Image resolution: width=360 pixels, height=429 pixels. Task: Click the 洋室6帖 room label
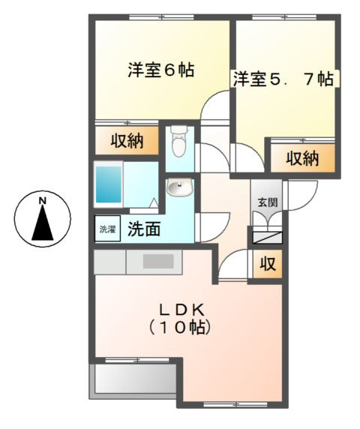pos(160,71)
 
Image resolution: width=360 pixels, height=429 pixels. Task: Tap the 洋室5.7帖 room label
pos(283,79)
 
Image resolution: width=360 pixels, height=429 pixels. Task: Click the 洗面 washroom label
pos(142,229)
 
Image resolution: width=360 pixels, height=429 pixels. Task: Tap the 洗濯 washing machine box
pos(106,228)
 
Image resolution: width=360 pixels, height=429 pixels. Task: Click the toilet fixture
pos(178,140)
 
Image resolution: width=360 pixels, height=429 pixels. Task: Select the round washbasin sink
pos(178,187)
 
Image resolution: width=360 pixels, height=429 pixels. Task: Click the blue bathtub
pos(109,184)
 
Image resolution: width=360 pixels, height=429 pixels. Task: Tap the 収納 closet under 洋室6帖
pos(127,140)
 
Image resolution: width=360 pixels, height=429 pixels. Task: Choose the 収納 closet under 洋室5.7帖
pos(302,158)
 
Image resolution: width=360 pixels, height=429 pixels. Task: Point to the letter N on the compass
pos(43,200)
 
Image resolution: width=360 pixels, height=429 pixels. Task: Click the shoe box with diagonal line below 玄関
pos(267,238)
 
